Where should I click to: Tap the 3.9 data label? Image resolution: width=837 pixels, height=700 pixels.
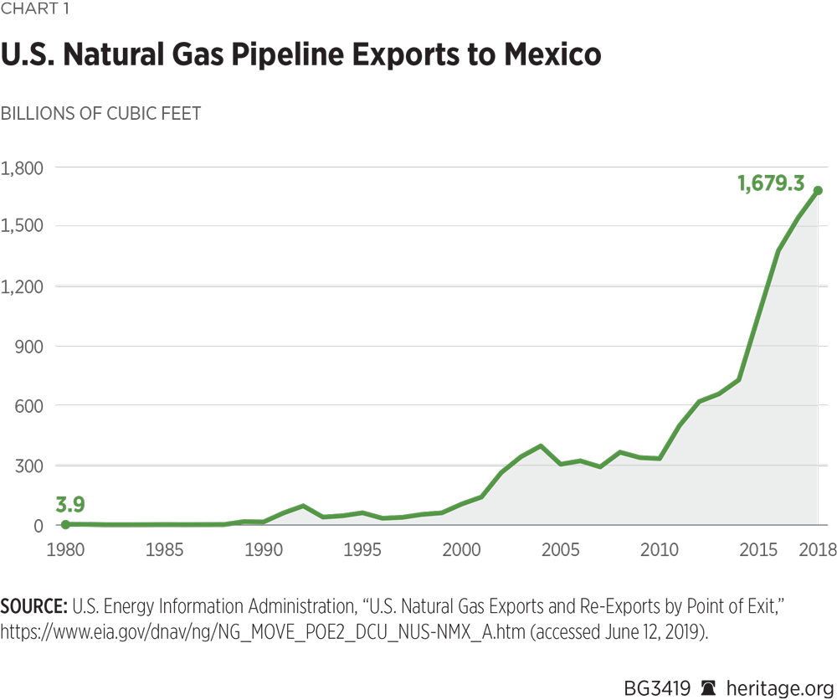[x=70, y=504]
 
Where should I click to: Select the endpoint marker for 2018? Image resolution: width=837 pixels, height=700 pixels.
[x=818, y=190]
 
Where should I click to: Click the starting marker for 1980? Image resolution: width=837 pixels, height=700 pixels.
[x=65, y=524]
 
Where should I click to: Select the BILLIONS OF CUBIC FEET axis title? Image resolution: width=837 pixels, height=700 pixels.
[x=100, y=114]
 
